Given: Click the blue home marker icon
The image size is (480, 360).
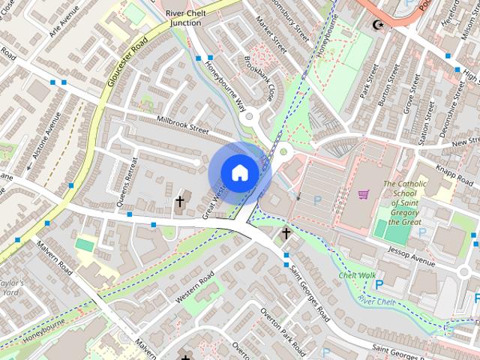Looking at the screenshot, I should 239,172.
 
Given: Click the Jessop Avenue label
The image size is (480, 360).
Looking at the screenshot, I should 411,256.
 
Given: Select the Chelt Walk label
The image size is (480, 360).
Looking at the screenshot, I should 357,275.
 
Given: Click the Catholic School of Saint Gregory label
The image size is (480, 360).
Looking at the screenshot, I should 405,202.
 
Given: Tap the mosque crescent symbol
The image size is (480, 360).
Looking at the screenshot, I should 377,25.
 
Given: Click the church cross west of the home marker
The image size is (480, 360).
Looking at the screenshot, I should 179,201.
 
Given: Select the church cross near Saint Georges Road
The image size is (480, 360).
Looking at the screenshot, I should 285,235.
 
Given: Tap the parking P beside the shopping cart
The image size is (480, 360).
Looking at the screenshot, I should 317,200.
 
